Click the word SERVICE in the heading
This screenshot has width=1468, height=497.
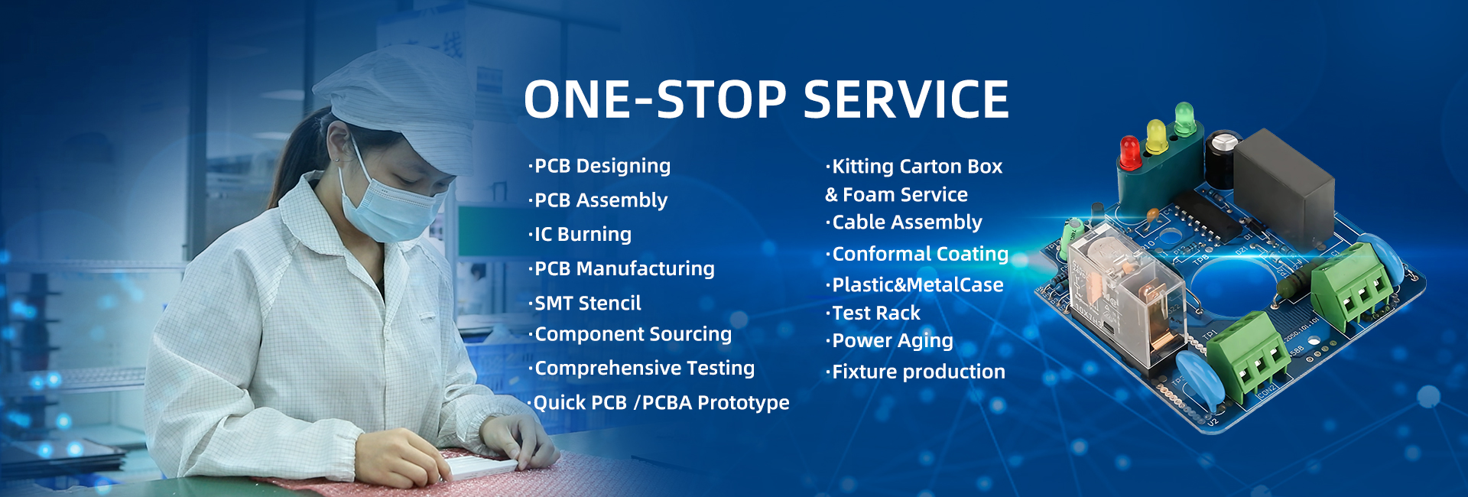point(906,99)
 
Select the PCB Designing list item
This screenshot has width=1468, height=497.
point(599,166)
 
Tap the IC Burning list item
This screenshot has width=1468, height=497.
point(580,234)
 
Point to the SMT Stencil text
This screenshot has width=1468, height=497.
point(585,303)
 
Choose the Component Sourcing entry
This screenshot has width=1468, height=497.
point(630,334)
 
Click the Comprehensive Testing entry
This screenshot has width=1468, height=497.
point(641,368)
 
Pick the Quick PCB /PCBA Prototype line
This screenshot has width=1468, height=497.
point(658,402)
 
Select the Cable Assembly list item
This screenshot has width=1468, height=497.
point(905,223)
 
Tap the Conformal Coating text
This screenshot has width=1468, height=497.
point(917,254)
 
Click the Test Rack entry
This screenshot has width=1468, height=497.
point(873,313)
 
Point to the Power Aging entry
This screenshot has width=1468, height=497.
point(890,341)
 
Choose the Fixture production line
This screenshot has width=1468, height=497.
point(916,372)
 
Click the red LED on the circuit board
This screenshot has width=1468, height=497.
point(1129,152)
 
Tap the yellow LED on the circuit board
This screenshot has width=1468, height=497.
point(1156,136)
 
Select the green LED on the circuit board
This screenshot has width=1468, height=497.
point(1184,119)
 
